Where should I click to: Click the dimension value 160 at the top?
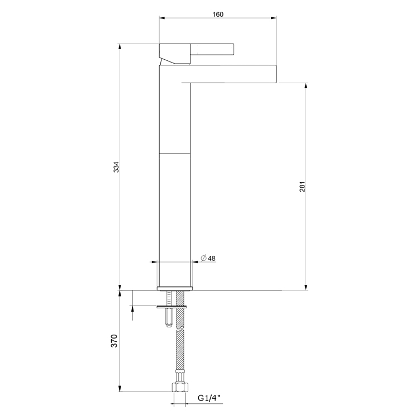(218, 14)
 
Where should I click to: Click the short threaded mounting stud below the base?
(167, 318)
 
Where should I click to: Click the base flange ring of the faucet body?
(175, 288)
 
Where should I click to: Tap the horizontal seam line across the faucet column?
(175, 153)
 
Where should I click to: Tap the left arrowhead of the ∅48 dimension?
(156, 261)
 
